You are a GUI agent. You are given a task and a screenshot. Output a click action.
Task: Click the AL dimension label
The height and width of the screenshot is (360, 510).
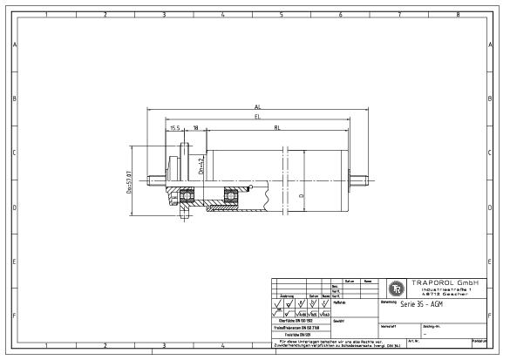257,107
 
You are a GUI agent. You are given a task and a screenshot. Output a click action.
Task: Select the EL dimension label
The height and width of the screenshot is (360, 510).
257,116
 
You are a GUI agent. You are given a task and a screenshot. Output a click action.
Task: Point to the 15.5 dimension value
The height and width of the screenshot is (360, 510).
175,128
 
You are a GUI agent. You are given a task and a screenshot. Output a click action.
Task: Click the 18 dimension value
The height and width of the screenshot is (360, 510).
195,128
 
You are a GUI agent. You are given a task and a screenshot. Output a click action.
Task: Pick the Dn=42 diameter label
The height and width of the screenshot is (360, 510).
201,166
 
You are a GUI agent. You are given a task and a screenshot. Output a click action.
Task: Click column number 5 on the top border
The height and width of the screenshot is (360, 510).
281,15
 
